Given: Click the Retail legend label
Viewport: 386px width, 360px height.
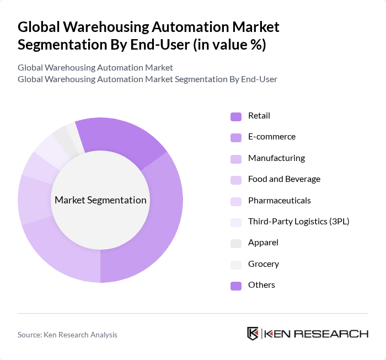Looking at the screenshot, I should pos(259,116).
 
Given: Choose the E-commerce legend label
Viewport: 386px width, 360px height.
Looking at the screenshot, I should pos(271,137).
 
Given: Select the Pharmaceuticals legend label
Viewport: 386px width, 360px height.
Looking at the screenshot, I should pos(279,200).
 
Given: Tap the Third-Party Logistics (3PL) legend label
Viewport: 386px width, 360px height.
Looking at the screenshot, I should pos(298,222).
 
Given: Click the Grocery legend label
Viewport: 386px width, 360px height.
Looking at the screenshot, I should pos(263,264).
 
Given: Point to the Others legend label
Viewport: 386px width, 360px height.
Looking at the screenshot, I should pos(261,285).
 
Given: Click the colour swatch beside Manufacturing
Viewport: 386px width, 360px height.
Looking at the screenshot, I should pos(236,159).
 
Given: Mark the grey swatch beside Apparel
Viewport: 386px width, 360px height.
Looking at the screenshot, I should pos(236,243).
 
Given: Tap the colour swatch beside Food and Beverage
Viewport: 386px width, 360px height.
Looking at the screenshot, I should pos(236,180).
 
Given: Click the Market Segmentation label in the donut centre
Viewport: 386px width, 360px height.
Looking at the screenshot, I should pos(100,200).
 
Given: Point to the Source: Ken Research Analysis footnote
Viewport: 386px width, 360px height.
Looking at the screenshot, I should pos(67,335).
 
